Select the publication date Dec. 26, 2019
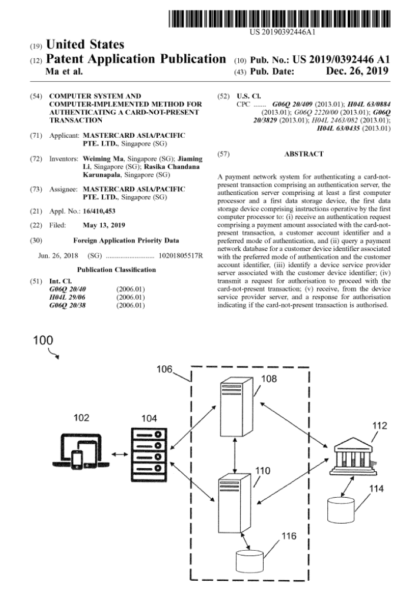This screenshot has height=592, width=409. click(x=357, y=71)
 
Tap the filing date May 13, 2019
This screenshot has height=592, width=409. click(x=104, y=226)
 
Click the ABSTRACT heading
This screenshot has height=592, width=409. click(x=303, y=154)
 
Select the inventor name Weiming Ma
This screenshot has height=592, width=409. click(x=103, y=159)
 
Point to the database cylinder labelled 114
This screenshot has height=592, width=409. click(x=342, y=507)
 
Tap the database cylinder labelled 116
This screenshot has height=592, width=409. click(x=250, y=560)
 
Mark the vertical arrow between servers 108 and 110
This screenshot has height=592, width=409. click(x=235, y=456)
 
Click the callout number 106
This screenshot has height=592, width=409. click(x=164, y=369)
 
